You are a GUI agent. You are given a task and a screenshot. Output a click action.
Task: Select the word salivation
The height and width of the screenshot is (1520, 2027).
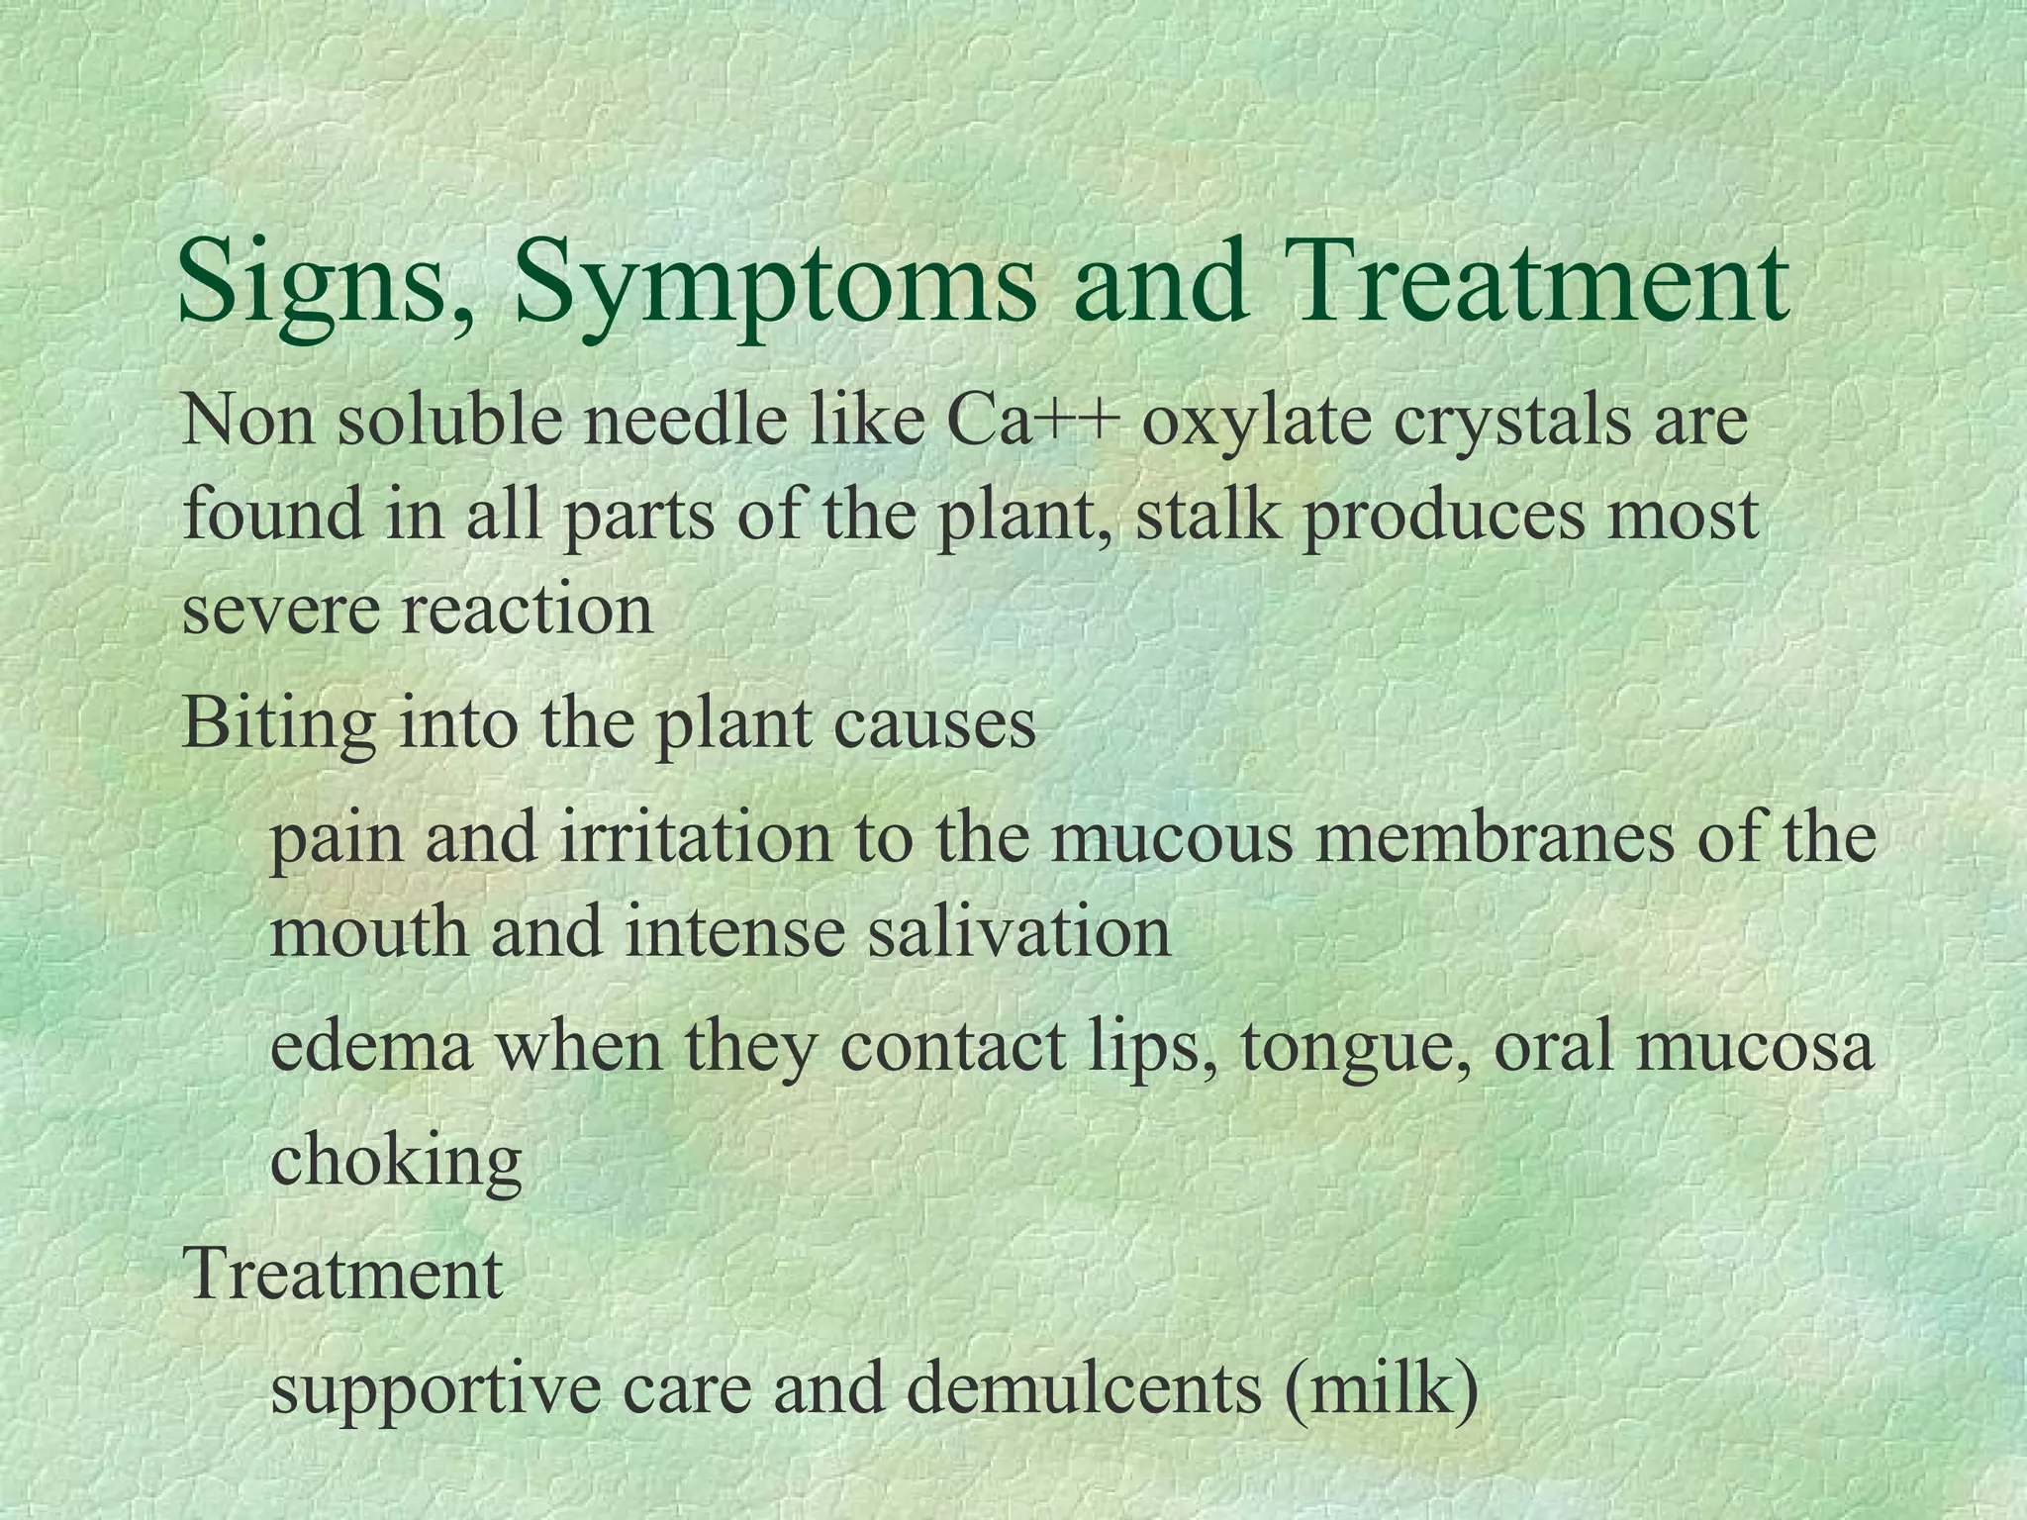click(1019, 931)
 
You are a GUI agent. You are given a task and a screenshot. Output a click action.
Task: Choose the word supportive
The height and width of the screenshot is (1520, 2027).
click(435, 1387)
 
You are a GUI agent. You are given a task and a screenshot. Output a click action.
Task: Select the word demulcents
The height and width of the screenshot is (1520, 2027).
click(1084, 1387)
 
